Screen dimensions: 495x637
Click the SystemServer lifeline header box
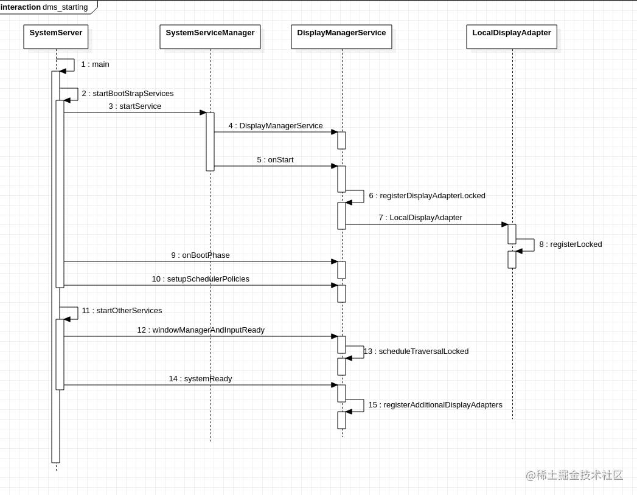pyautogui.click(x=56, y=36)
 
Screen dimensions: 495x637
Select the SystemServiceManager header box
pyautogui.click(x=210, y=36)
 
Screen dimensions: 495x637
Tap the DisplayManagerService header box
pyautogui.click(x=341, y=36)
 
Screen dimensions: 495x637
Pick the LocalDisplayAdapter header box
pyautogui.click(x=512, y=36)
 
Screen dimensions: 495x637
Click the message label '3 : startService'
pyautogui.click(x=135, y=106)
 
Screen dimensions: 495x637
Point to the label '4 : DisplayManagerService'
pyautogui.click(x=276, y=126)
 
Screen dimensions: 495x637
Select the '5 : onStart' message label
pyautogui.click(x=275, y=160)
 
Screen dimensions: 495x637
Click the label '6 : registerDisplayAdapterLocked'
pyautogui.click(x=427, y=196)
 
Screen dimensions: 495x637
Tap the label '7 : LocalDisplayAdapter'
pyautogui.click(x=420, y=218)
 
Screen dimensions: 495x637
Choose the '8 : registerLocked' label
pyautogui.click(x=571, y=244)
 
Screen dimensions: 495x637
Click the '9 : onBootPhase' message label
pyautogui.click(x=200, y=255)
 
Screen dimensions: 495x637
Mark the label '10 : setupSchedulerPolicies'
pyautogui.click(x=200, y=279)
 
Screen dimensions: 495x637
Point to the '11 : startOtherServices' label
pyautogui.click(x=122, y=311)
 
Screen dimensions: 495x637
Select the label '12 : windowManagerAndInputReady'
pyautogui.click(x=201, y=330)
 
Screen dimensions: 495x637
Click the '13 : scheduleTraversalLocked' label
pyautogui.click(x=416, y=351)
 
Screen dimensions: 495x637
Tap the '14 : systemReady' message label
pyautogui.click(x=200, y=379)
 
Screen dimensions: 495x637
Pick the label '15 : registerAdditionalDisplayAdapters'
pyautogui.click(x=435, y=405)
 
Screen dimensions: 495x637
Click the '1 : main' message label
pyautogui.click(x=95, y=64)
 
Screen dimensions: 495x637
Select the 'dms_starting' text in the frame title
pyautogui.click(x=65, y=7)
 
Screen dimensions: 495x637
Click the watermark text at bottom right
pyautogui.click(x=574, y=475)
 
